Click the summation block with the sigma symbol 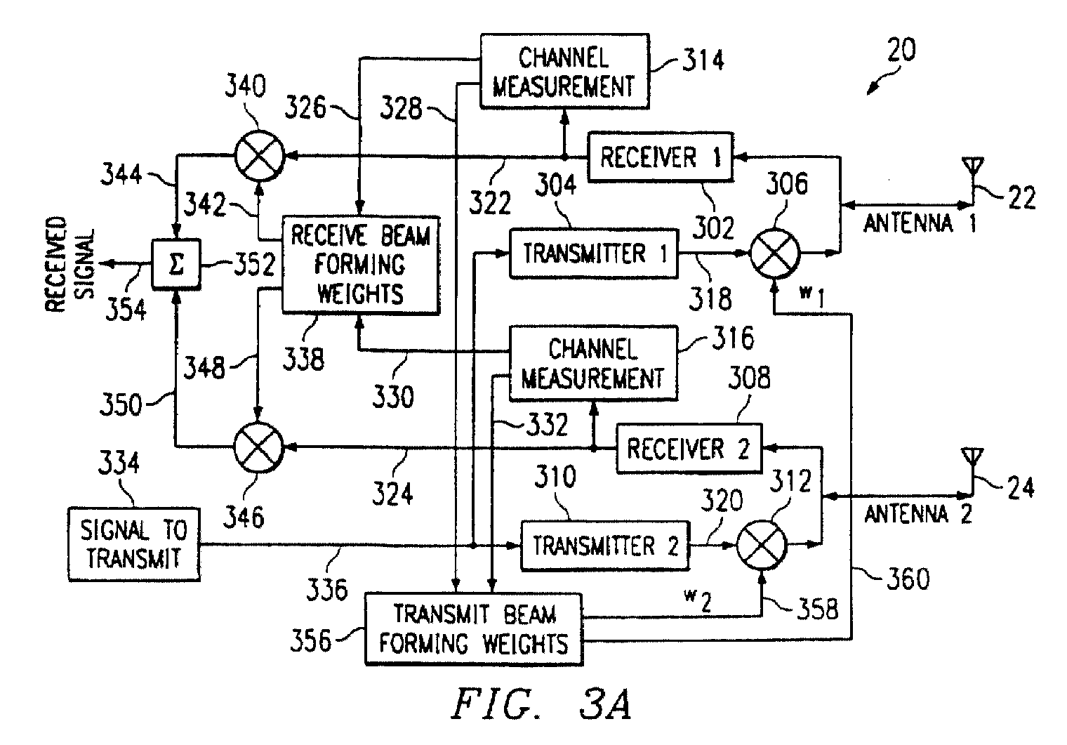175,265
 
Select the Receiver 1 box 660,157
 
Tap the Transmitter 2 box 605,546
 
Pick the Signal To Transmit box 134,544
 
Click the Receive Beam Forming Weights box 361,265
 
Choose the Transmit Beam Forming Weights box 474,628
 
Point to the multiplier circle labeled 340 259,156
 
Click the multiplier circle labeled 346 258,447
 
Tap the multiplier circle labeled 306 775,253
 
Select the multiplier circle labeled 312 761,546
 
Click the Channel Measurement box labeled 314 564,72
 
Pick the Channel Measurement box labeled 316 594,363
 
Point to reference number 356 310,640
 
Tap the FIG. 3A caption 542,704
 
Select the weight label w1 812,297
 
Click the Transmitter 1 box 594,253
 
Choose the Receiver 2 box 689,448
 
